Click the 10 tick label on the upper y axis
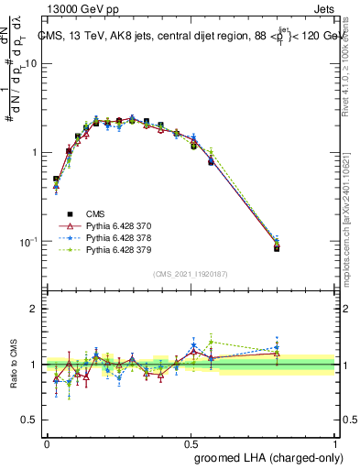(x=31, y=63)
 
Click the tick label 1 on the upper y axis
(x=35, y=152)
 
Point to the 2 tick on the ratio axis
(x=35, y=309)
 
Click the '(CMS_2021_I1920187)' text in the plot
(x=191, y=274)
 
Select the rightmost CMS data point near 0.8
(x=277, y=248)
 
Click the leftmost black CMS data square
(x=56, y=180)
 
